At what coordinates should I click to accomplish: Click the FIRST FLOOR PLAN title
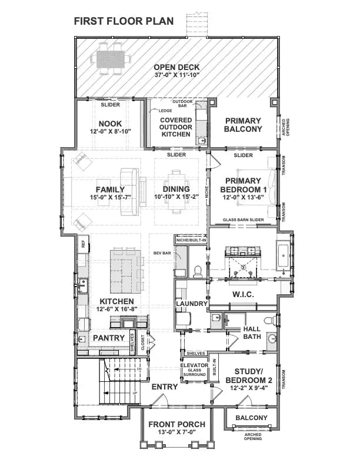[x=124, y=21]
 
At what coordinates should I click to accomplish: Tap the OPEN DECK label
[x=177, y=66]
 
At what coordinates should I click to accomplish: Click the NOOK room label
[x=110, y=124]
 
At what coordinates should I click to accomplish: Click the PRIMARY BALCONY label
[x=242, y=125]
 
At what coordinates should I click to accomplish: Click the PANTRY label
[x=109, y=338]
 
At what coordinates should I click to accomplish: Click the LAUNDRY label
[x=191, y=304]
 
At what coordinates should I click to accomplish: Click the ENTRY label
[x=165, y=387]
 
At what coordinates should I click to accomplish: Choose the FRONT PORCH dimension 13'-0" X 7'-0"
[x=176, y=433]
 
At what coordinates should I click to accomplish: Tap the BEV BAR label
[x=162, y=252]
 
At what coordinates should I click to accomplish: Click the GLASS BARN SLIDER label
[x=242, y=219]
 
